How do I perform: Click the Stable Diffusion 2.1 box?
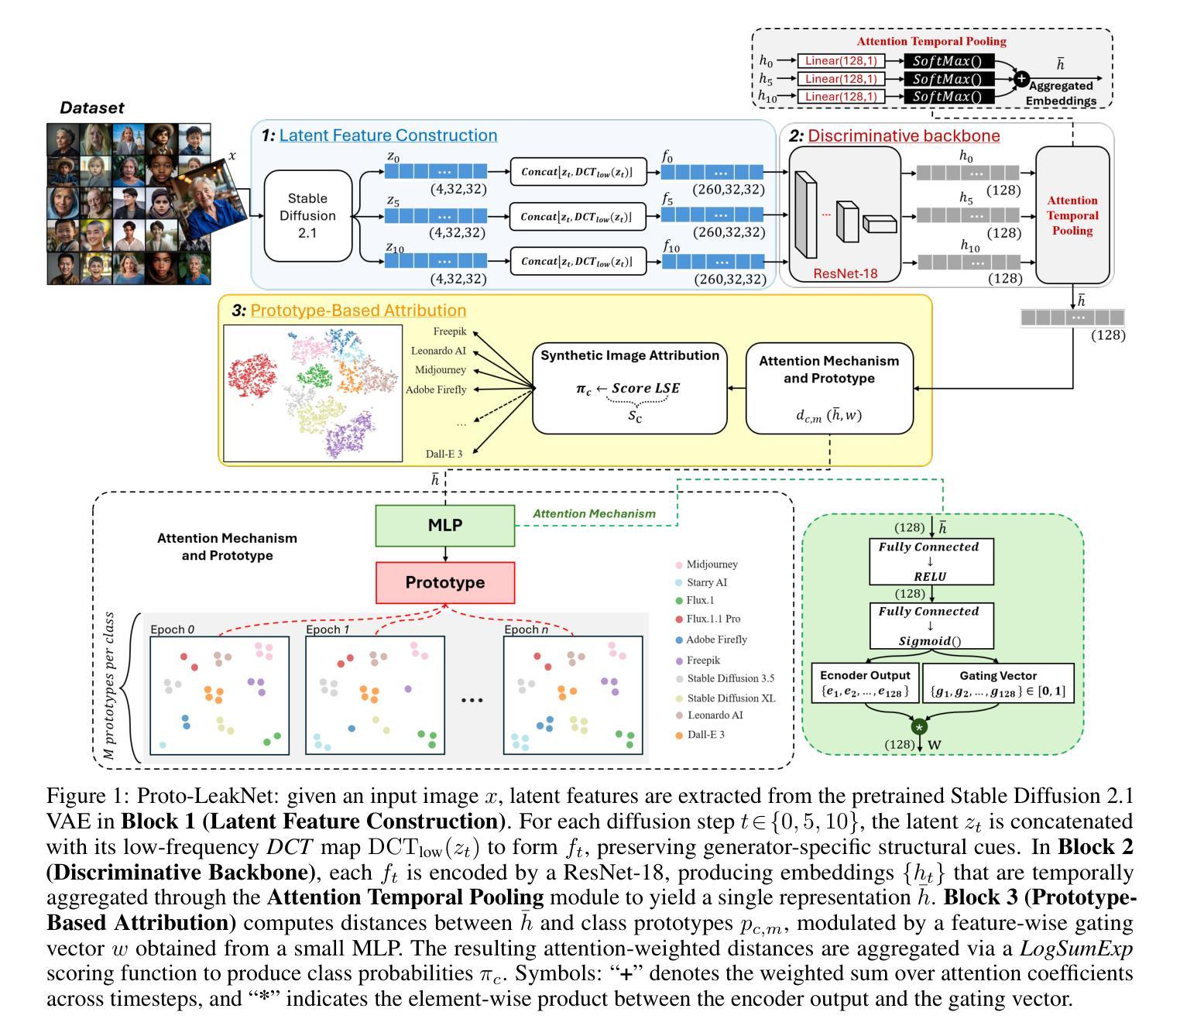[x=307, y=215]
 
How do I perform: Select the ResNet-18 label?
[x=846, y=273]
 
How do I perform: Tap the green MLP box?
[x=444, y=526]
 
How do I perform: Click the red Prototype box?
[x=444, y=582]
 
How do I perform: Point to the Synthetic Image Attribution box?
[x=629, y=388]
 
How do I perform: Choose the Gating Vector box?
[x=998, y=683]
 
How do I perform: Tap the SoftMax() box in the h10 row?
[x=948, y=97]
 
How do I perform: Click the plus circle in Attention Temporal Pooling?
[x=1021, y=78]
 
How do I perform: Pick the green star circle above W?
[x=919, y=727]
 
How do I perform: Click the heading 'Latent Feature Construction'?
[x=388, y=136]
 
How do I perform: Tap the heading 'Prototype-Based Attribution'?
[x=358, y=310]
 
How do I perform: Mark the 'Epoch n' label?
[x=526, y=629]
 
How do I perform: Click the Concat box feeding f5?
[x=578, y=217]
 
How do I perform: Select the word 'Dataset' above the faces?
[x=92, y=108]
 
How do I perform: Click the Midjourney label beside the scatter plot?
[x=440, y=370]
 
